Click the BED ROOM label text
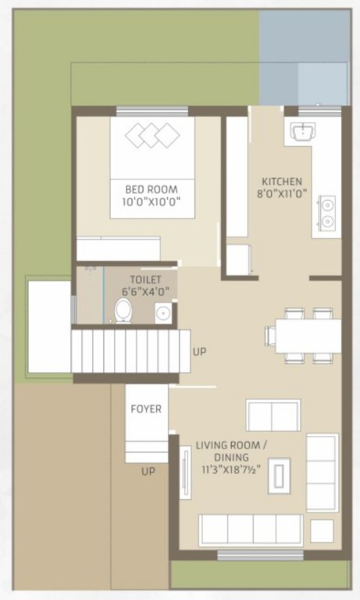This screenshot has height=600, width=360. (151, 189)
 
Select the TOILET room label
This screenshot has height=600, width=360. (146, 278)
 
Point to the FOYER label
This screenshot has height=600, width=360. (146, 409)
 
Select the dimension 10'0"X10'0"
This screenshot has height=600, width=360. (151, 202)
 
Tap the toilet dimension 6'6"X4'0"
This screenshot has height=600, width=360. (146, 291)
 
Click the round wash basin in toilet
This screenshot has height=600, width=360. (163, 314)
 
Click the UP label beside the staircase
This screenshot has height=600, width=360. (200, 352)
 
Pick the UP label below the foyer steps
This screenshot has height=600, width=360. (148, 472)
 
